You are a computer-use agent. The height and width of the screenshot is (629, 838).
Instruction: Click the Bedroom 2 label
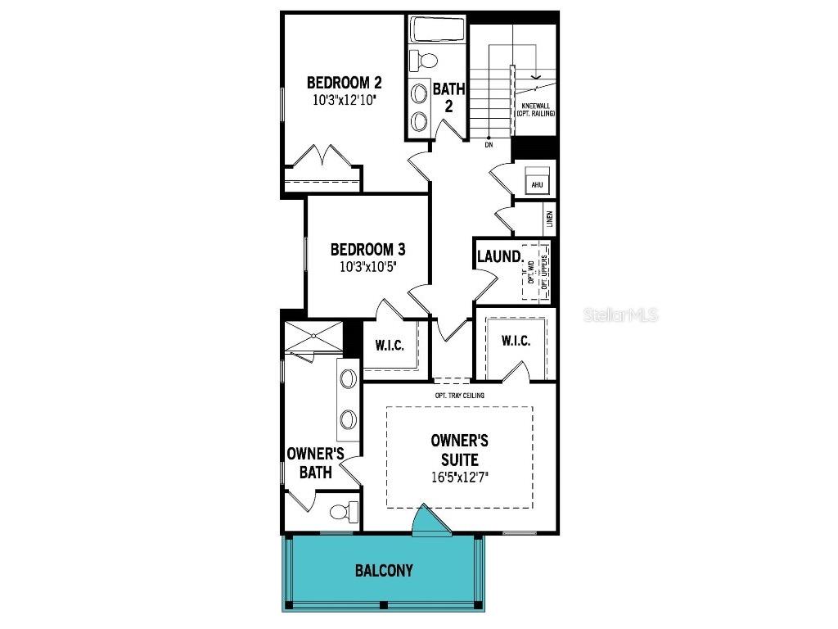[x=344, y=83]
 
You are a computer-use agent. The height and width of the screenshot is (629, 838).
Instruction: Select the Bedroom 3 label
[x=367, y=250]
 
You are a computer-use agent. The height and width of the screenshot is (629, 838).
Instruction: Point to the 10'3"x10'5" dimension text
[x=367, y=266]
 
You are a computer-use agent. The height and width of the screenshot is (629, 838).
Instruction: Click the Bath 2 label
[x=448, y=97]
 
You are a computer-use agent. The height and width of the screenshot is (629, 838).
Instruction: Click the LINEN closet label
[x=549, y=219]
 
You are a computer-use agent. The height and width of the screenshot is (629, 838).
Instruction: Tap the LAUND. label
[x=500, y=256]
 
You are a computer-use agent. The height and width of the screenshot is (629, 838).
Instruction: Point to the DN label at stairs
[x=489, y=145]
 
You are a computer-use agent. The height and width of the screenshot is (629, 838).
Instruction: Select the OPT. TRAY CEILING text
[x=460, y=396]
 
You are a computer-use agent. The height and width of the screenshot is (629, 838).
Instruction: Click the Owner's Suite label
[x=459, y=450]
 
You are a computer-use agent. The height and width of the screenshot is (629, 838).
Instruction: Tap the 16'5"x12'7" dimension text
[x=459, y=477]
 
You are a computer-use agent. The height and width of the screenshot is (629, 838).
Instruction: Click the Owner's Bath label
[x=314, y=463]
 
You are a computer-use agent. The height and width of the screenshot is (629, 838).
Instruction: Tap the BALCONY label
[x=384, y=571]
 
